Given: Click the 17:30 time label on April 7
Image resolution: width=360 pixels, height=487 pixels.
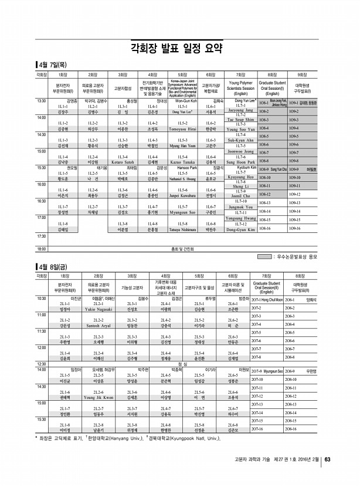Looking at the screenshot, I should pos(42,236).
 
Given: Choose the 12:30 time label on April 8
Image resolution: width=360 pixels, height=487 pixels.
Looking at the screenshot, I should pos(42,380).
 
